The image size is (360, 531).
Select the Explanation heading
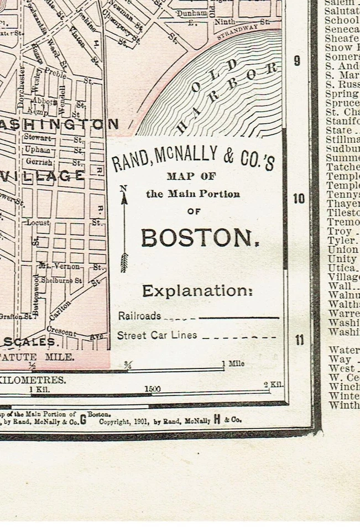coord(197,291)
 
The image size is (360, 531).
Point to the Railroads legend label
coord(139,316)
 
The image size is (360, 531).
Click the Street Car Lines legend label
coord(156,335)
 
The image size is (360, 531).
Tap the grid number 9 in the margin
coord(298,61)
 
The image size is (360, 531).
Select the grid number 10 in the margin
coord(299,199)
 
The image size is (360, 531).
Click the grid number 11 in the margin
coord(299,340)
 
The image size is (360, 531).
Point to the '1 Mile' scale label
coord(233,363)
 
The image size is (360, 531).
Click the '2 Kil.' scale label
coord(273,385)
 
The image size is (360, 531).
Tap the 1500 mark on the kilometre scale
coord(153,389)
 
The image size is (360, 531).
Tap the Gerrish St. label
coord(39,162)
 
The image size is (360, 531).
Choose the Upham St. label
coord(38,149)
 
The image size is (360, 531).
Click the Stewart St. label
coord(38,137)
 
